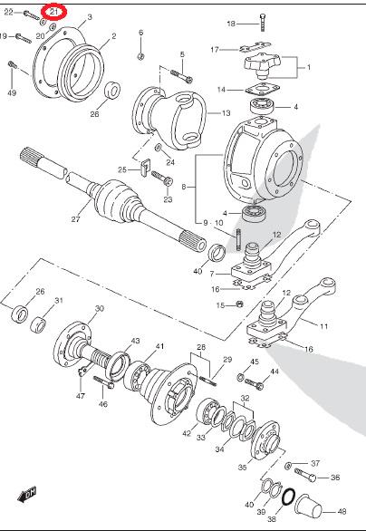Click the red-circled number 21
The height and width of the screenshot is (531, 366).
[x=54, y=12]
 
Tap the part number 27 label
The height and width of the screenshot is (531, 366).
[x=75, y=219]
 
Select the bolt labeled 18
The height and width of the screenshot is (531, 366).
[x=263, y=23]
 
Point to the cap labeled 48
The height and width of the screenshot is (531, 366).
[x=308, y=507]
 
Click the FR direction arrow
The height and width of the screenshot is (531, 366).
[x=27, y=494]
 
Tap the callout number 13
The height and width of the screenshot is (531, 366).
[x=226, y=113]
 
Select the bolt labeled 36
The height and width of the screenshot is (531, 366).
[x=305, y=475]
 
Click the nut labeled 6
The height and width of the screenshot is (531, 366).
[x=140, y=56]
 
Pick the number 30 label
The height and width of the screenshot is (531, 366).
[x=100, y=308]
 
